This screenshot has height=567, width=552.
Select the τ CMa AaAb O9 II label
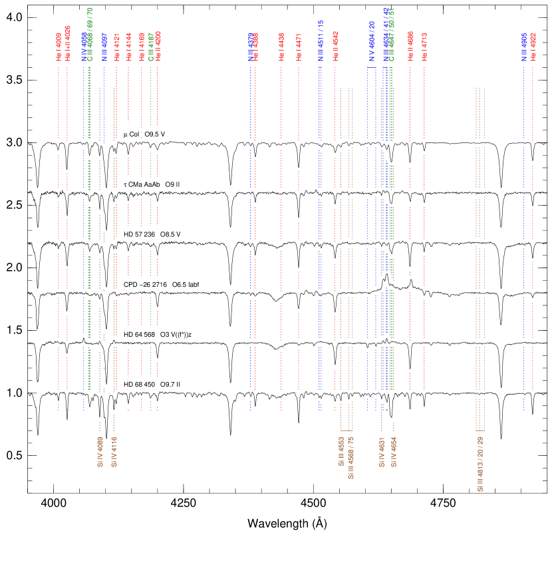(x=151, y=184)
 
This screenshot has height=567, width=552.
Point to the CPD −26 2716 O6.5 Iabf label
(x=162, y=285)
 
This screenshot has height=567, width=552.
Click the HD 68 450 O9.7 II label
(x=151, y=385)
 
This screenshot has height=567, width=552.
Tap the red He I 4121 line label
(x=116, y=47)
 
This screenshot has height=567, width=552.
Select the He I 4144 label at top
(x=128, y=47)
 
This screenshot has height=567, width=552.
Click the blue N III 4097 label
(x=104, y=47)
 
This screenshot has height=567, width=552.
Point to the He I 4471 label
(x=299, y=47)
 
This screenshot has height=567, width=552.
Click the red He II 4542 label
(x=335, y=46)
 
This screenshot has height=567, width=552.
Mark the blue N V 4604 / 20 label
(x=372, y=41)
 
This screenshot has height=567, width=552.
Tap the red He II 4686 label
(x=410, y=46)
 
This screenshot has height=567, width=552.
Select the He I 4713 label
(x=424, y=47)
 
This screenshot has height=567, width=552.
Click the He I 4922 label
(x=533, y=47)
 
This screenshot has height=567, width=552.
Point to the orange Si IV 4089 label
(x=100, y=452)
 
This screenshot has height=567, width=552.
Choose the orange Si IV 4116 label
(x=114, y=452)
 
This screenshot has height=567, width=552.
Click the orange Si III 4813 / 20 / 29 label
(x=480, y=464)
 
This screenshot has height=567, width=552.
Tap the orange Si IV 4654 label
(x=394, y=452)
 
